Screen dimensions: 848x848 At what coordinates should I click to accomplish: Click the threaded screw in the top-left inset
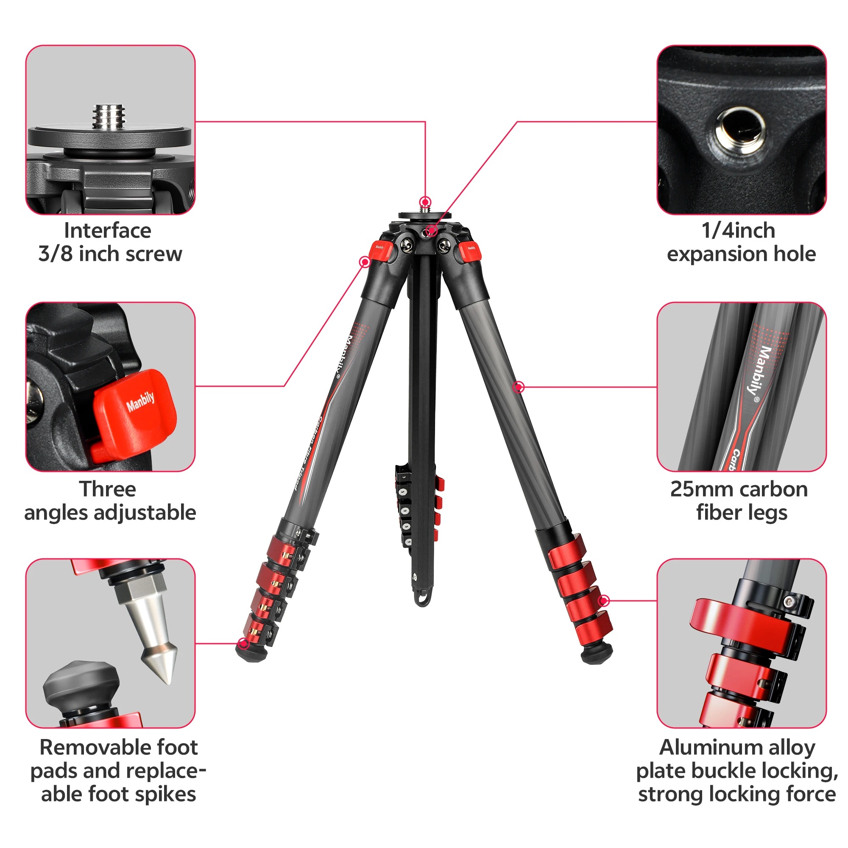pos(109,117)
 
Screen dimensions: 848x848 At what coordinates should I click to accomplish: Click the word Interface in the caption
pos(108,230)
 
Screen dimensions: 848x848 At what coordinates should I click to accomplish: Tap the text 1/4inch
pos(738,230)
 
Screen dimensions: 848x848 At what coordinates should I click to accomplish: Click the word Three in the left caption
pos(108,489)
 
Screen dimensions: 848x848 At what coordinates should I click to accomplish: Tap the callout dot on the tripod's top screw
pos(425,202)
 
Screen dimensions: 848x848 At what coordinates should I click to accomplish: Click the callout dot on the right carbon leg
pos(519,387)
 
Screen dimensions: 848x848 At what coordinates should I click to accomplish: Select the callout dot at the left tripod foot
pos(243,644)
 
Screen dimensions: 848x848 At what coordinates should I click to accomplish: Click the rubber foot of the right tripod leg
pos(596,653)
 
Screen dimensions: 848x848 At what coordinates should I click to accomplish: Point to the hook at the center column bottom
pos(422,599)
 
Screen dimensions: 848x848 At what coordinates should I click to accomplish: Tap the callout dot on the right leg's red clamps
pos(604,600)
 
